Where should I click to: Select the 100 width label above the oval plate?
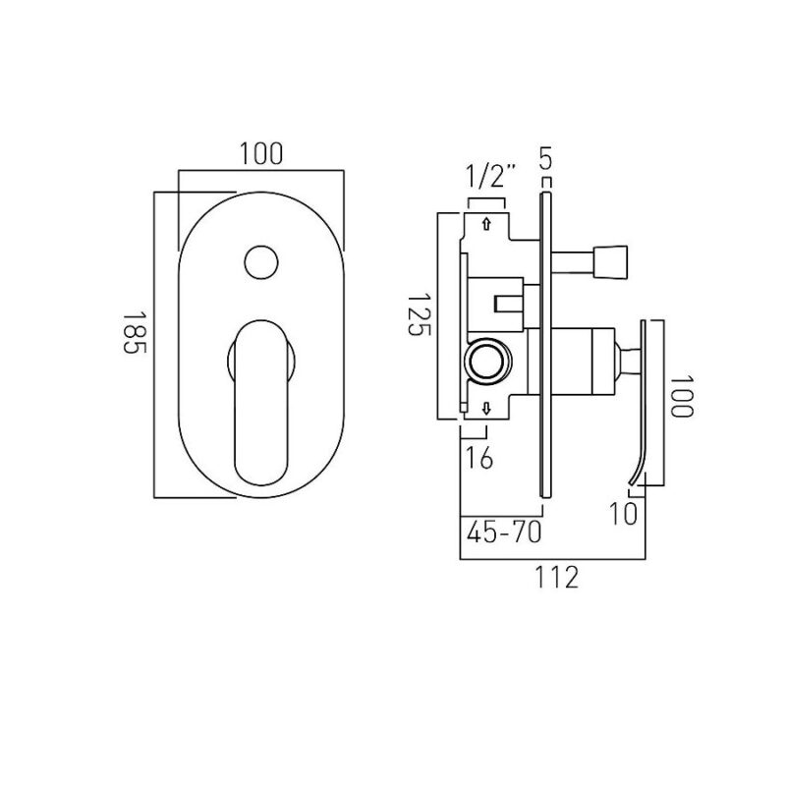260,154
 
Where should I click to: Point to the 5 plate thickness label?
546,157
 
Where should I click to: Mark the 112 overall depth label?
553,578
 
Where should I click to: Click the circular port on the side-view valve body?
487,363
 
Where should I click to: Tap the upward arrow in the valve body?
484,225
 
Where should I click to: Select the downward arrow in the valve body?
484,408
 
